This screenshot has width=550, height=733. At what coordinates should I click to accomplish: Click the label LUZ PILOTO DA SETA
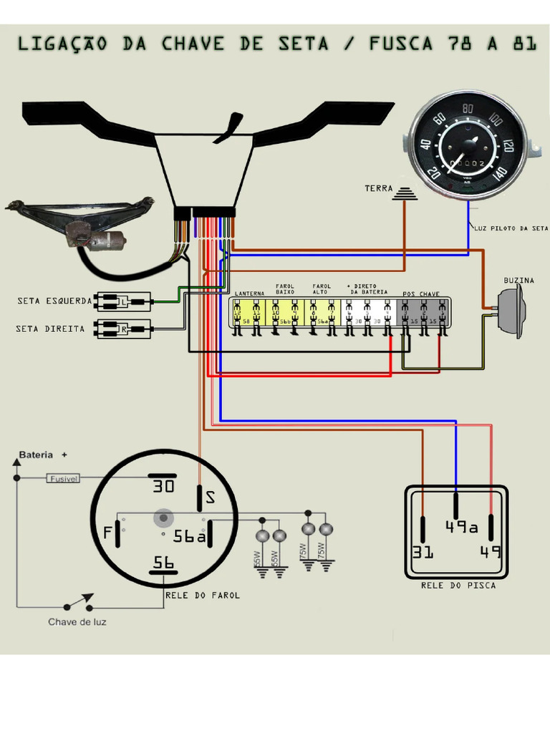(511, 228)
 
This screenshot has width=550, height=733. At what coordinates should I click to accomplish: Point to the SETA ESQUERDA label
(54, 301)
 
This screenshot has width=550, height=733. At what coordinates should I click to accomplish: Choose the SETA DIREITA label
(50, 329)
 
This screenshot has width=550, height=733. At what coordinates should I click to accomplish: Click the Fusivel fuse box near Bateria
(64, 478)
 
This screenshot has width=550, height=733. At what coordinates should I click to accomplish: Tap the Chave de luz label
(77, 622)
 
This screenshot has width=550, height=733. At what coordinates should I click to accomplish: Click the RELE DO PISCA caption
(458, 586)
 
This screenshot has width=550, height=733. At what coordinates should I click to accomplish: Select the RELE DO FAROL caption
(203, 596)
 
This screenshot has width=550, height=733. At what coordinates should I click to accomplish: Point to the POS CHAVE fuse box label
(421, 294)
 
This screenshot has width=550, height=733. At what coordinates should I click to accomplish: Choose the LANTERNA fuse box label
(249, 294)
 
